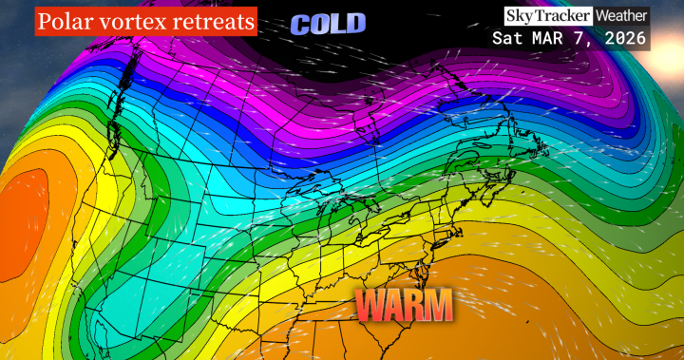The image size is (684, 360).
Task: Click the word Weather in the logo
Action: pos(622,15)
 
